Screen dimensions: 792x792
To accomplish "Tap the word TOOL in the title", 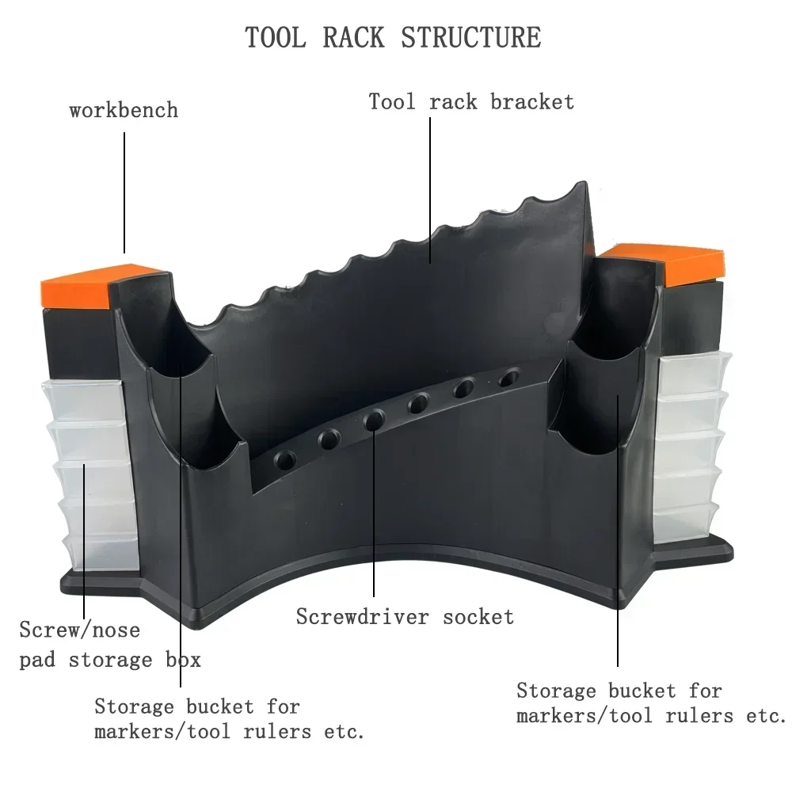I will point(273,37).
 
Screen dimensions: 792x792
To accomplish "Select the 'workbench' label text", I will point(124,109).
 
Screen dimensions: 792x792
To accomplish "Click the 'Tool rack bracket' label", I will point(471,101).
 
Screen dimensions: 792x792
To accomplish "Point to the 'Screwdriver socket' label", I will point(405,616).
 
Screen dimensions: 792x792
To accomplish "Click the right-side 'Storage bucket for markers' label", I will point(649,703).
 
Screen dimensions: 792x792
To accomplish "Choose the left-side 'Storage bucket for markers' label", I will point(229,718).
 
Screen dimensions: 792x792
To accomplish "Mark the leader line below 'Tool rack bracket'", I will point(430,190).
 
